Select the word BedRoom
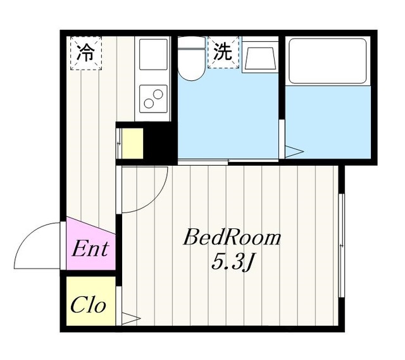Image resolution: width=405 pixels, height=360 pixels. [232, 239]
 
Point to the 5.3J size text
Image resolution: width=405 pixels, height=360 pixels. [232, 260]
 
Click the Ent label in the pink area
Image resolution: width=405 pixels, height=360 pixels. [90, 248]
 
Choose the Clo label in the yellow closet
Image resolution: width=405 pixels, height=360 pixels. [88, 306]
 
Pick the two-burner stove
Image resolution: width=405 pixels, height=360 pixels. [153, 99]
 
